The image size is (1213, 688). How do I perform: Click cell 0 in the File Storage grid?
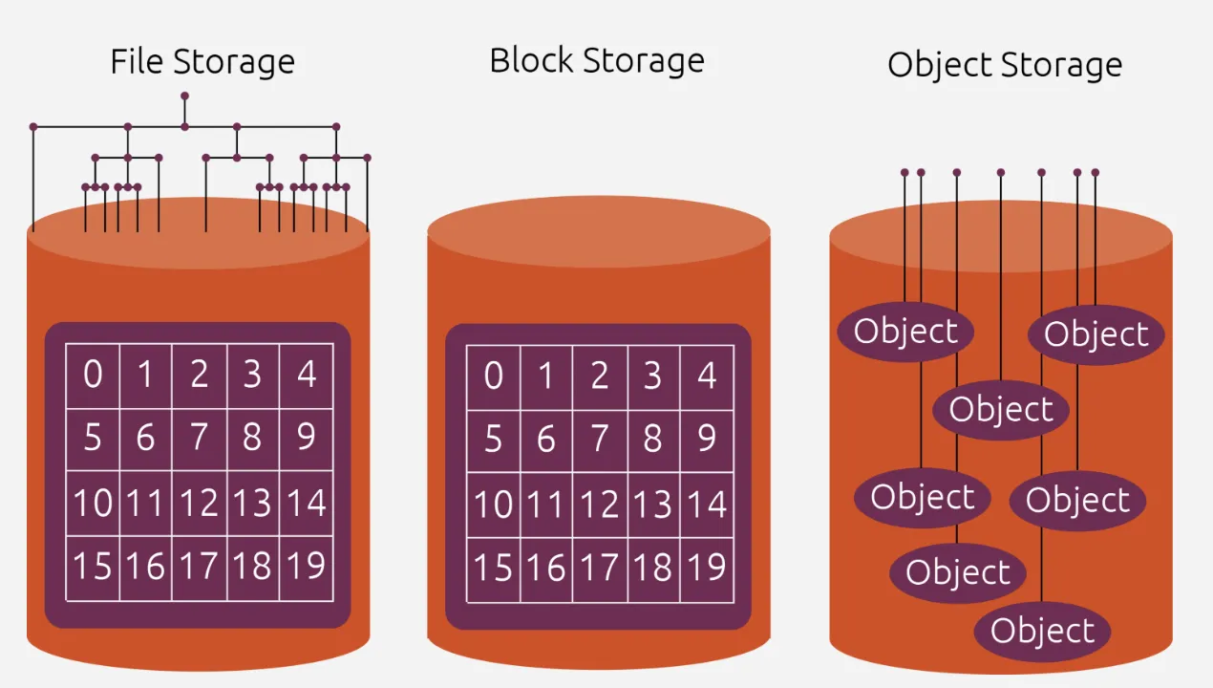pyautogui.click(x=93, y=375)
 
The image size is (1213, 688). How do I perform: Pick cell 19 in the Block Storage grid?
pyautogui.click(x=707, y=569)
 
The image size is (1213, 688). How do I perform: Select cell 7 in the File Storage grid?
pyautogui.click(x=200, y=439)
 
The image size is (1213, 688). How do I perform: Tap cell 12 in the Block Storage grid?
pyautogui.click(x=600, y=504)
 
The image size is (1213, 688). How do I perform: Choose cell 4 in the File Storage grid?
pyautogui.click(x=307, y=375)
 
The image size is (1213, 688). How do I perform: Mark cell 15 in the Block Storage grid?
pyautogui.click(x=493, y=569)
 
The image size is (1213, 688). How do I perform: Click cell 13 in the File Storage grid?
pyautogui.click(x=253, y=503)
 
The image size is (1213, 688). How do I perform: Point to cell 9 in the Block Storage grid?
pyautogui.click(x=707, y=440)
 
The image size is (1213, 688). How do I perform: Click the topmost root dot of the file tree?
pyautogui.click(x=184, y=96)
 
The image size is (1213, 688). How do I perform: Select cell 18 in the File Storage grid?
pyautogui.click(x=253, y=568)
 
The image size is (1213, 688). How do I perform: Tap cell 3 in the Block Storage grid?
pyautogui.click(x=653, y=376)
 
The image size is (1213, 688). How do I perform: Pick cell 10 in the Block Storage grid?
pyautogui.click(x=493, y=504)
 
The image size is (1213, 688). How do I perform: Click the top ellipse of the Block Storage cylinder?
pyautogui.click(x=599, y=231)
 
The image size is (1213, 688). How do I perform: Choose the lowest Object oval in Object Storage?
pyautogui.click(x=1042, y=632)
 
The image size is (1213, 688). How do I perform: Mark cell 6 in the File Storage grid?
pyautogui.click(x=146, y=439)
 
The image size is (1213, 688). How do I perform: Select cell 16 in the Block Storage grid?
pyautogui.click(x=546, y=569)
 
